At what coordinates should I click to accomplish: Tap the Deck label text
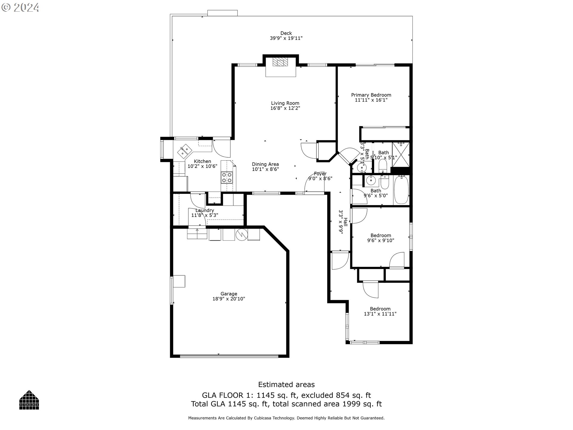pyautogui.click(x=286, y=33)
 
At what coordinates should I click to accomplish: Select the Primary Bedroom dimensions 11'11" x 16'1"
pyautogui.click(x=371, y=100)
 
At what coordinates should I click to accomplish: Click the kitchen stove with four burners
pyautogui.click(x=227, y=177)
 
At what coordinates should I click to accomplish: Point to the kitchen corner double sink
pyautogui.click(x=184, y=151)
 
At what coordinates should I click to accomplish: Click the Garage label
pyautogui.click(x=229, y=294)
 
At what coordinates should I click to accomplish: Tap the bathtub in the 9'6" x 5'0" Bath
pyautogui.click(x=401, y=190)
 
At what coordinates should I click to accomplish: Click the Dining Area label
pyautogui.click(x=265, y=164)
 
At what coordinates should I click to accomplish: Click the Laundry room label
pyautogui.click(x=205, y=211)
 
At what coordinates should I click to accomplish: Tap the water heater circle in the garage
pyautogui.click(x=241, y=235)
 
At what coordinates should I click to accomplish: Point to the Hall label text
pyautogui.click(x=345, y=222)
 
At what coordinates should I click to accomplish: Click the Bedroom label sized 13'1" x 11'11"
pyautogui.click(x=380, y=309)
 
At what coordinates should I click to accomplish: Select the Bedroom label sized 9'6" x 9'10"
pyautogui.click(x=381, y=235)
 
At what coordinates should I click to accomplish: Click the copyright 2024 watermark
pyautogui.click(x=20, y=7)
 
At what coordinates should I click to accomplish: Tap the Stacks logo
pyautogui.click(x=29, y=400)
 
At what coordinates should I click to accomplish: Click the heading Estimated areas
pyautogui.click(x=286, y=385)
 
